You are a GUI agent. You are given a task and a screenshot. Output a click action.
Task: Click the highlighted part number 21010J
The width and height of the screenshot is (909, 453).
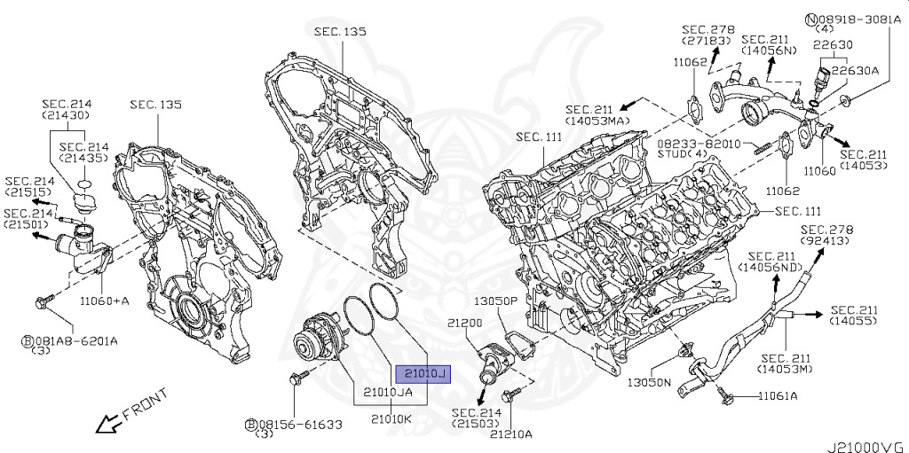[x=423, y=374]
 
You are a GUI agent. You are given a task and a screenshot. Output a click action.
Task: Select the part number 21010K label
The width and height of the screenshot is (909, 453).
[x=391, y=418]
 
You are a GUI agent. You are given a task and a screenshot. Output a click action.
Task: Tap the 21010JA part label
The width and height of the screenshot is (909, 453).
[x=388, y=392]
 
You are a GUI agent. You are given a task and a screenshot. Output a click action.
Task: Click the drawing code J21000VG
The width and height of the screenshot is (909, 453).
[x=866, y=444]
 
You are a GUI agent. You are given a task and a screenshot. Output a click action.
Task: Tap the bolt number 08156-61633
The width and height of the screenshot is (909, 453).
[x=300, y=425]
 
